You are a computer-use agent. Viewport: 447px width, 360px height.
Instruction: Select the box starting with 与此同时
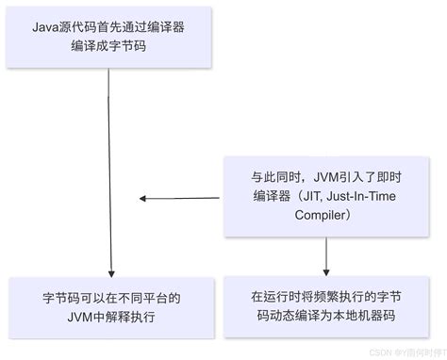coord(325,196)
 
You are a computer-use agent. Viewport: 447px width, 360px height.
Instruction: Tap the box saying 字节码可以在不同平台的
coord(110,307)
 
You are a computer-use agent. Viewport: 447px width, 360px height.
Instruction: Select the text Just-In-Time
coord(351,196)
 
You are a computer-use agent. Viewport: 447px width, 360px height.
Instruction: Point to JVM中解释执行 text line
coord(110,317)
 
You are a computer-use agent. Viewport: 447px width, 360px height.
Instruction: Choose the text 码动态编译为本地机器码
coord(325,317)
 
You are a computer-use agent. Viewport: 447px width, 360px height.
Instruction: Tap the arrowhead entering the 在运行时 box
coord(326,271)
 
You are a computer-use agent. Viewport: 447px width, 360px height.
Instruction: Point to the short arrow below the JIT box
coord(326,254)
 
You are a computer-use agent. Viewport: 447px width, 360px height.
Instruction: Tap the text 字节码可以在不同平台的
coord(110,298)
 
